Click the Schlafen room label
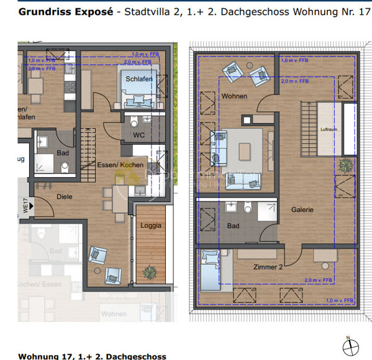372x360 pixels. coord(139,80)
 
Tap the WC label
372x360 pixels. coord(139,135)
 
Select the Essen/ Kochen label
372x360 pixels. coord(120,165)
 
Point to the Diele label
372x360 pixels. coord(65,196)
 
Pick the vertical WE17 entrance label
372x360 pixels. coord(26,205)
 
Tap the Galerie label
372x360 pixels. coord(302,210)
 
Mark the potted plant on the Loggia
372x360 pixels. coord(150,272)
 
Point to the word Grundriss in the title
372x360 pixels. coord(42,12)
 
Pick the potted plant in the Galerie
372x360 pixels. coord(344,165)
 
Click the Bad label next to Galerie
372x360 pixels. coord(234,225)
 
